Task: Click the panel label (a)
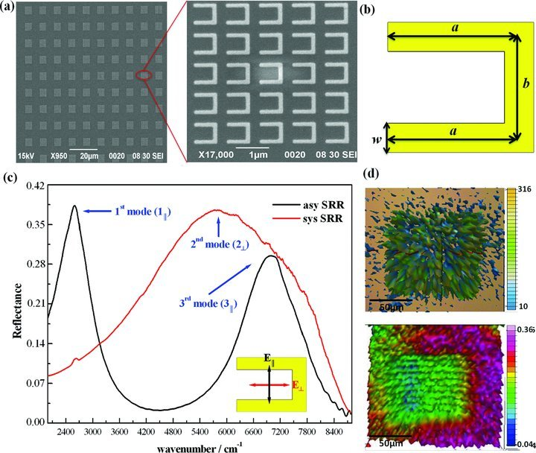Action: (x=7, y=7)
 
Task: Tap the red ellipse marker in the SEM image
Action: (x=144, y=75)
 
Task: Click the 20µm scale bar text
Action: (x=89, y=156)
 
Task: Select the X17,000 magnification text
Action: (x=216, y=155)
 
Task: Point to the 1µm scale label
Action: (x=258, y=155)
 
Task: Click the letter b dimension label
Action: (x=526, y=83)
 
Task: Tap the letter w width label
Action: (x=377, y=139)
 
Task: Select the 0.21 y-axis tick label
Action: (x=36, y=304)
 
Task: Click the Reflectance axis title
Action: (x=17, y=311)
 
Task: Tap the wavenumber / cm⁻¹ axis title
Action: (x=200, y=447)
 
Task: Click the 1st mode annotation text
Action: (x=142, y=212)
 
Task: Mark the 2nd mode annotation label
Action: (x=220, y=244)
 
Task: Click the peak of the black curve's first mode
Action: (x=74, y=206)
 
